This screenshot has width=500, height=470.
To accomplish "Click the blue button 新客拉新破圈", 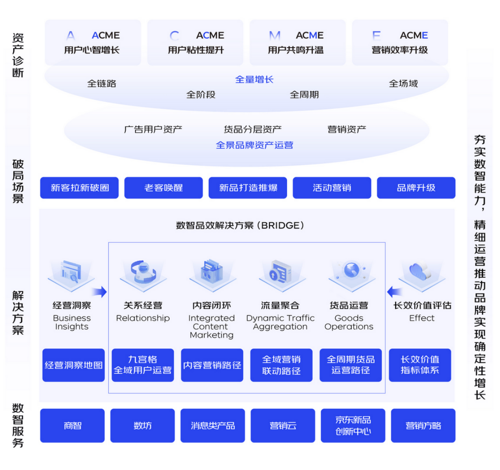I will tap(79, 188).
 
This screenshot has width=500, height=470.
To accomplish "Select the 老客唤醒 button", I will tap(163, 188).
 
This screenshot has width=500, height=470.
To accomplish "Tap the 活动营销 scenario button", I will tap(332, 188).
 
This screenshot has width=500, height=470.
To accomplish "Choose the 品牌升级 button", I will tap(416, 188).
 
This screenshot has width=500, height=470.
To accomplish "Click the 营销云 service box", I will tap(283, 425).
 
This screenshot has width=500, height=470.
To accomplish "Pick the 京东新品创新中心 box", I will tap(353, 425).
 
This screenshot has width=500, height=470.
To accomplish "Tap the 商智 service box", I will tap(72, 425).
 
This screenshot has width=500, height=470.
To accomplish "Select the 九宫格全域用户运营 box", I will tap(142, 365).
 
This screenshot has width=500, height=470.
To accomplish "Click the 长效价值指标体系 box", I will tap(420, 365).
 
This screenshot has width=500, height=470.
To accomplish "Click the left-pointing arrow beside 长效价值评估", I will tap(394, 292).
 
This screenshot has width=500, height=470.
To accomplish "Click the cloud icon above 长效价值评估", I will tap(420, 272).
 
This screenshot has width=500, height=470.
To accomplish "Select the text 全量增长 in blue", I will tap(254, 80).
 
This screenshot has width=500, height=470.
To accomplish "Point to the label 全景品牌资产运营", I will tap(254, 145).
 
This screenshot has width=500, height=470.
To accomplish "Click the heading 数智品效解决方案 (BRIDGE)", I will tap(240, 225).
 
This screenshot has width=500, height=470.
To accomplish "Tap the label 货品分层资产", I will tap(252, 130).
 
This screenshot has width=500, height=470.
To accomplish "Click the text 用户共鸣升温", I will tap(296, 50).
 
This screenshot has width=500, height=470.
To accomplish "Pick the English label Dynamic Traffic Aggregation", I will tap(280, 323).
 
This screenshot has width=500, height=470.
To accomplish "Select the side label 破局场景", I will tap(18, 181).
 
